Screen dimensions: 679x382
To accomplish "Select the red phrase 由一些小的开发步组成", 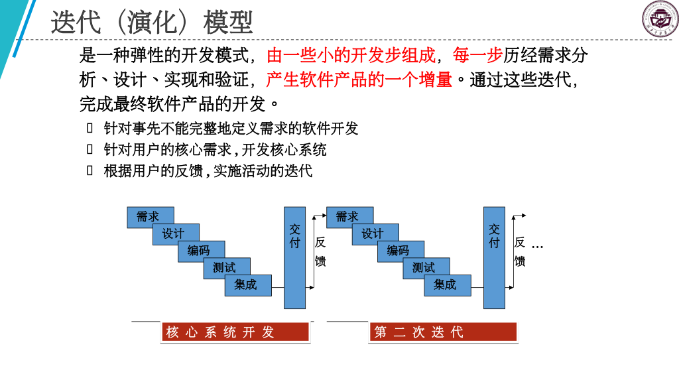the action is [x=351, y=55].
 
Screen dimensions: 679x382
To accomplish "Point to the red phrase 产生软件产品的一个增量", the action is [x=359, y=80].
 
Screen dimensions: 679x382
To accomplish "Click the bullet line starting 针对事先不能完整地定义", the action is [x=231, y=129].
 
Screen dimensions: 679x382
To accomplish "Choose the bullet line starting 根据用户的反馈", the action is [x=207, y=170].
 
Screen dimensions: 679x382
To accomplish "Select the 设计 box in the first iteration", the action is [x=176, y=234].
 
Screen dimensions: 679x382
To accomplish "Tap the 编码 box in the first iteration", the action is [x=201, y=251].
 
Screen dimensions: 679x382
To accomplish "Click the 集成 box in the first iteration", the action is [x=247, y=285].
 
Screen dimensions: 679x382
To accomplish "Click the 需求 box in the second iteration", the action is [x=349, y=217].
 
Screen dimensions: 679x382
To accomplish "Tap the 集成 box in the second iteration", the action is [x=447, y=285].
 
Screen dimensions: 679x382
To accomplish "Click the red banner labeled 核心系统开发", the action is [x=235, y=332].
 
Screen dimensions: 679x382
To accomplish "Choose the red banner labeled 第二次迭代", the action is [x=442, y=332].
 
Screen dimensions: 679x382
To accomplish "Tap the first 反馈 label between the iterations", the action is [x=320, y=252].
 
